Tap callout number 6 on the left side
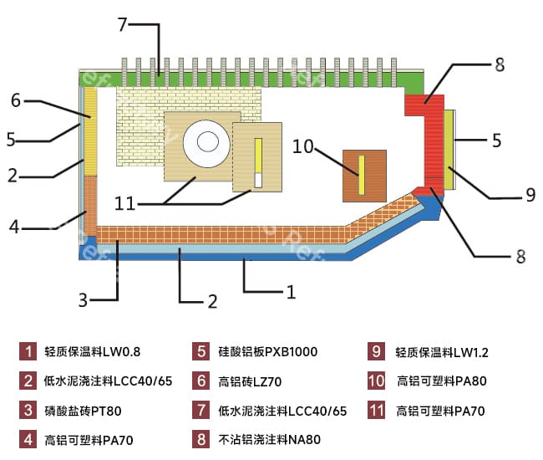(x=15, y=100)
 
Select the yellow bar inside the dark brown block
(x=362, y=175)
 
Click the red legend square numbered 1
(x=28, y=351)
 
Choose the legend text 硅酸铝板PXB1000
(x=267, y=351)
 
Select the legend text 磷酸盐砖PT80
(x=83, y=410)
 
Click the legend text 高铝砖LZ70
(x=250, y=381)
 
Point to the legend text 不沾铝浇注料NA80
(x=269, y=438)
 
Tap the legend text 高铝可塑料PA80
(x=441, y=381)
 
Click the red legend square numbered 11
(x=376, y=410)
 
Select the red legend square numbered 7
(x=200, y=410)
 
